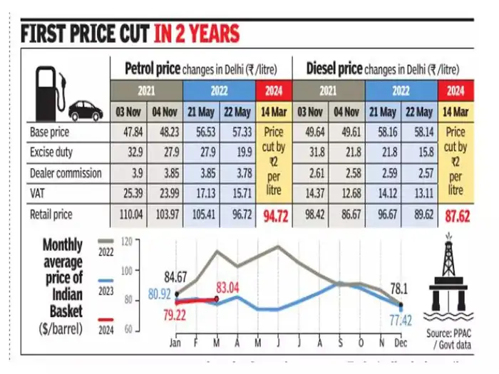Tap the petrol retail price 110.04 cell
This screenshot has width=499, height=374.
coord(128,213)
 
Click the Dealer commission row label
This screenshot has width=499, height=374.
coord(66,173)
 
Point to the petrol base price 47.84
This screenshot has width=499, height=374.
coord(128,133)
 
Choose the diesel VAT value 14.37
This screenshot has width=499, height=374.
coord(310,193)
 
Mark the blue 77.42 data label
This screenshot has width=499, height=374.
coord(401,322)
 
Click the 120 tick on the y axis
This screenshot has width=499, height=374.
coord(128,242)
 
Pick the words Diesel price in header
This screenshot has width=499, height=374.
coord(335,69)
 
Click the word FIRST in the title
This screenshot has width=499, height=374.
coord(48,33)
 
